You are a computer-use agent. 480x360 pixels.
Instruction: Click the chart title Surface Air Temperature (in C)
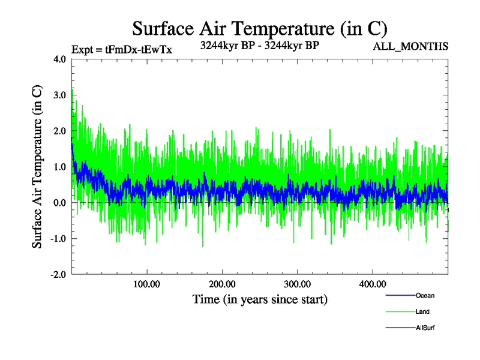[259, 28]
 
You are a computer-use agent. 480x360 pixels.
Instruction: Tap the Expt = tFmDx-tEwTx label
[122, 50]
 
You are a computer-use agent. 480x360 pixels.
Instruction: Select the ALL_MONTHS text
[410, 46]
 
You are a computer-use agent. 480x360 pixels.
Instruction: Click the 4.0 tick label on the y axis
[60, 59]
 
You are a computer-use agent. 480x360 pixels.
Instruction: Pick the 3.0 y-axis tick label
[60, 95]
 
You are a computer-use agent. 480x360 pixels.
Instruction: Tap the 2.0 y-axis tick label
[60, 131]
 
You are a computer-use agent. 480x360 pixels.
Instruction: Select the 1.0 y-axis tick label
[60, 167]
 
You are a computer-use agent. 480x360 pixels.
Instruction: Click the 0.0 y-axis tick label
[60, 203]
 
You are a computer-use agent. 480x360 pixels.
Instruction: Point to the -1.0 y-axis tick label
[58, 239]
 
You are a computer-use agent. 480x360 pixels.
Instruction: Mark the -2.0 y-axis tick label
[58, 274]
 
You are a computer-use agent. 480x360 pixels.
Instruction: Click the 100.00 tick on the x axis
[147, 283]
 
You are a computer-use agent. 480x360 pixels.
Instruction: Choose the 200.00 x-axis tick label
[222, 283]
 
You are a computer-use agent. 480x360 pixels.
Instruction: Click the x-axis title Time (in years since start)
[260, 299]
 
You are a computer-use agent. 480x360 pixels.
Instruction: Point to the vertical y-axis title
[37, 167]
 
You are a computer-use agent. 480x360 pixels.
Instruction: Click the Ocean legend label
[425, 295]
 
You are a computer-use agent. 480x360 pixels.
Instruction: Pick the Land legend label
[422, 311]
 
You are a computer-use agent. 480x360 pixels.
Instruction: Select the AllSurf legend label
[425, 328]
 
